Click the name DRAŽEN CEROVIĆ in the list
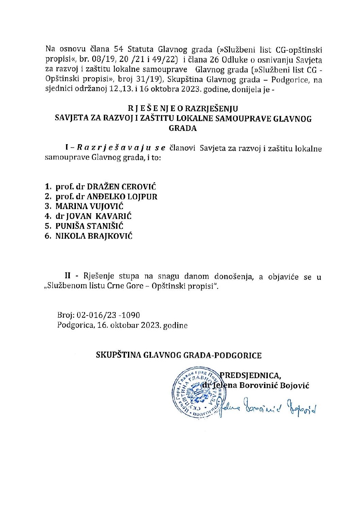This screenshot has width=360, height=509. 122,187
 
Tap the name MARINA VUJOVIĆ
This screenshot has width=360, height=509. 89,206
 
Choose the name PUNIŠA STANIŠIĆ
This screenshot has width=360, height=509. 89,226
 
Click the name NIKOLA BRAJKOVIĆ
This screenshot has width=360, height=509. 94,236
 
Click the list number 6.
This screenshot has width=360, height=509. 48,236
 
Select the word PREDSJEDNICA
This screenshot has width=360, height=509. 250,376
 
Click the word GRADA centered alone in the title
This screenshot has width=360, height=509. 183,129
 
